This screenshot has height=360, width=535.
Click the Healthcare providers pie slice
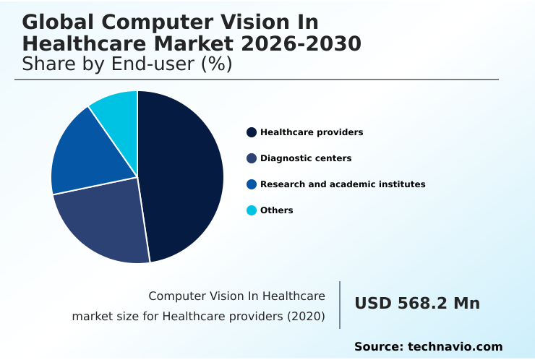pyautogui.click(x=184, y=173)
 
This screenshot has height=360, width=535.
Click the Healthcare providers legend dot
pyautogui.click(x=252, y=132)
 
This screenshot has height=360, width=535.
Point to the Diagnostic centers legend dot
pyautogui.click(x=252, y=158)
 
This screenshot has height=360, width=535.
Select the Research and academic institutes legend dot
pyautogui.click(x=252, y=184)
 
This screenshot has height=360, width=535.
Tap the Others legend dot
pyautogui.click(x=252, y=210)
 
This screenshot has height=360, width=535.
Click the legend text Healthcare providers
pyautogui.click(x=312, y=132)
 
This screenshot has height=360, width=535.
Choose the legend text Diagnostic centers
pyautogui.click(x=306, y=158)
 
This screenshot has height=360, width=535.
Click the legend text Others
pyautogui.click(x=277, y=210)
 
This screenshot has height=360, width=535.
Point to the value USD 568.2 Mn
pyautogui.click(x=417, y=304)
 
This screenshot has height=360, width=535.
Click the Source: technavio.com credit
pyautogui.click(x=428, y=347)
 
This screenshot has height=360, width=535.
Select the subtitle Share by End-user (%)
pyautogui.click(x=127, y=64)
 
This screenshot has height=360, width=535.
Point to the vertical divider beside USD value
pyautogui.click(x=340, y=305)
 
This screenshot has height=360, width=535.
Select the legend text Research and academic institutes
pyautogui.click(x=343, y=184)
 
